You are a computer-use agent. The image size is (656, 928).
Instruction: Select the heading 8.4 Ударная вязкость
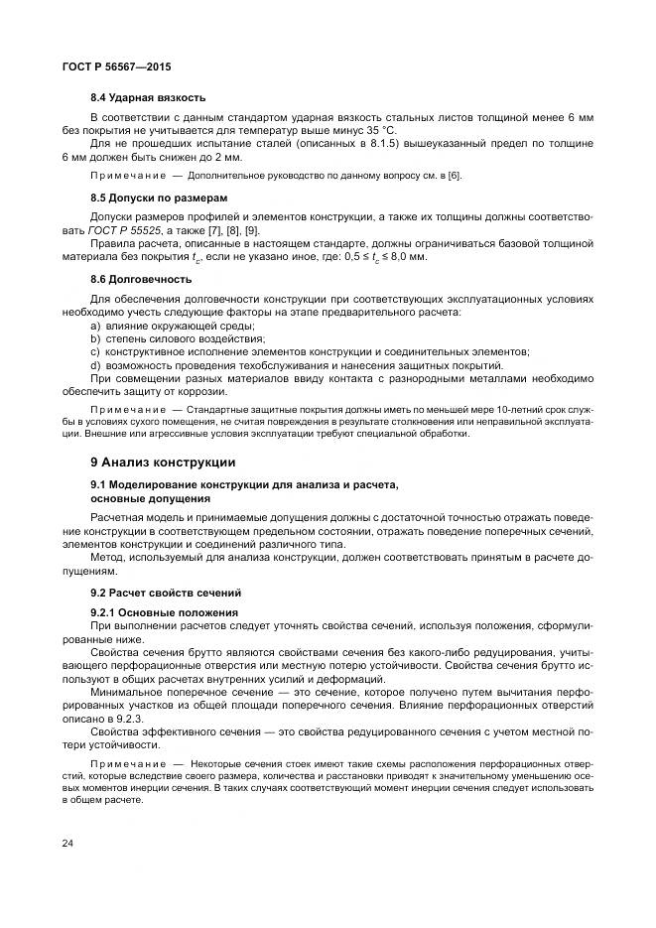click(x=148, y=97)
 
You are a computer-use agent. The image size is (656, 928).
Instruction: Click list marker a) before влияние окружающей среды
click(x=95, y=326)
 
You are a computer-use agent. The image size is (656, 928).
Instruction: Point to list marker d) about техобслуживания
click(x=95, y=364)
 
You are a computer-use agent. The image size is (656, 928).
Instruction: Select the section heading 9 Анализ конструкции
click(x=163, y=462)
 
